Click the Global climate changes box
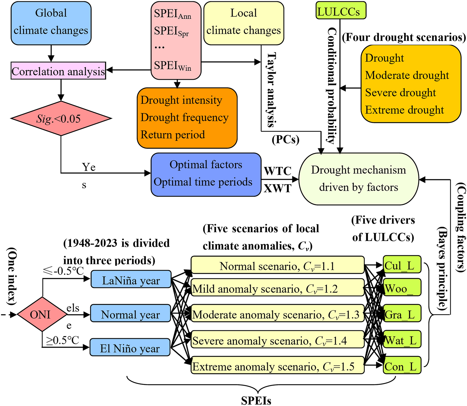[x=51, y=23]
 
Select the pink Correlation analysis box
[x=58, y=71]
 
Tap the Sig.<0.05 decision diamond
[x=61, y=119]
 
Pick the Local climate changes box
[x=244, y=23]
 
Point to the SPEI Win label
[x=172, y=65]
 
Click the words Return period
[x=172, y=135]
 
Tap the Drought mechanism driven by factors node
[x=358, y=179]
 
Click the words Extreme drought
[x=404, y=110]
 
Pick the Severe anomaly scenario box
[x=277, y=340]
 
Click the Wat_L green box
[x=402, y=339]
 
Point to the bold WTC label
[x=277, y=171]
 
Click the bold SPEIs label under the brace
[x=256, y=400]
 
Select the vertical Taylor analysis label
[x=271, y=90]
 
